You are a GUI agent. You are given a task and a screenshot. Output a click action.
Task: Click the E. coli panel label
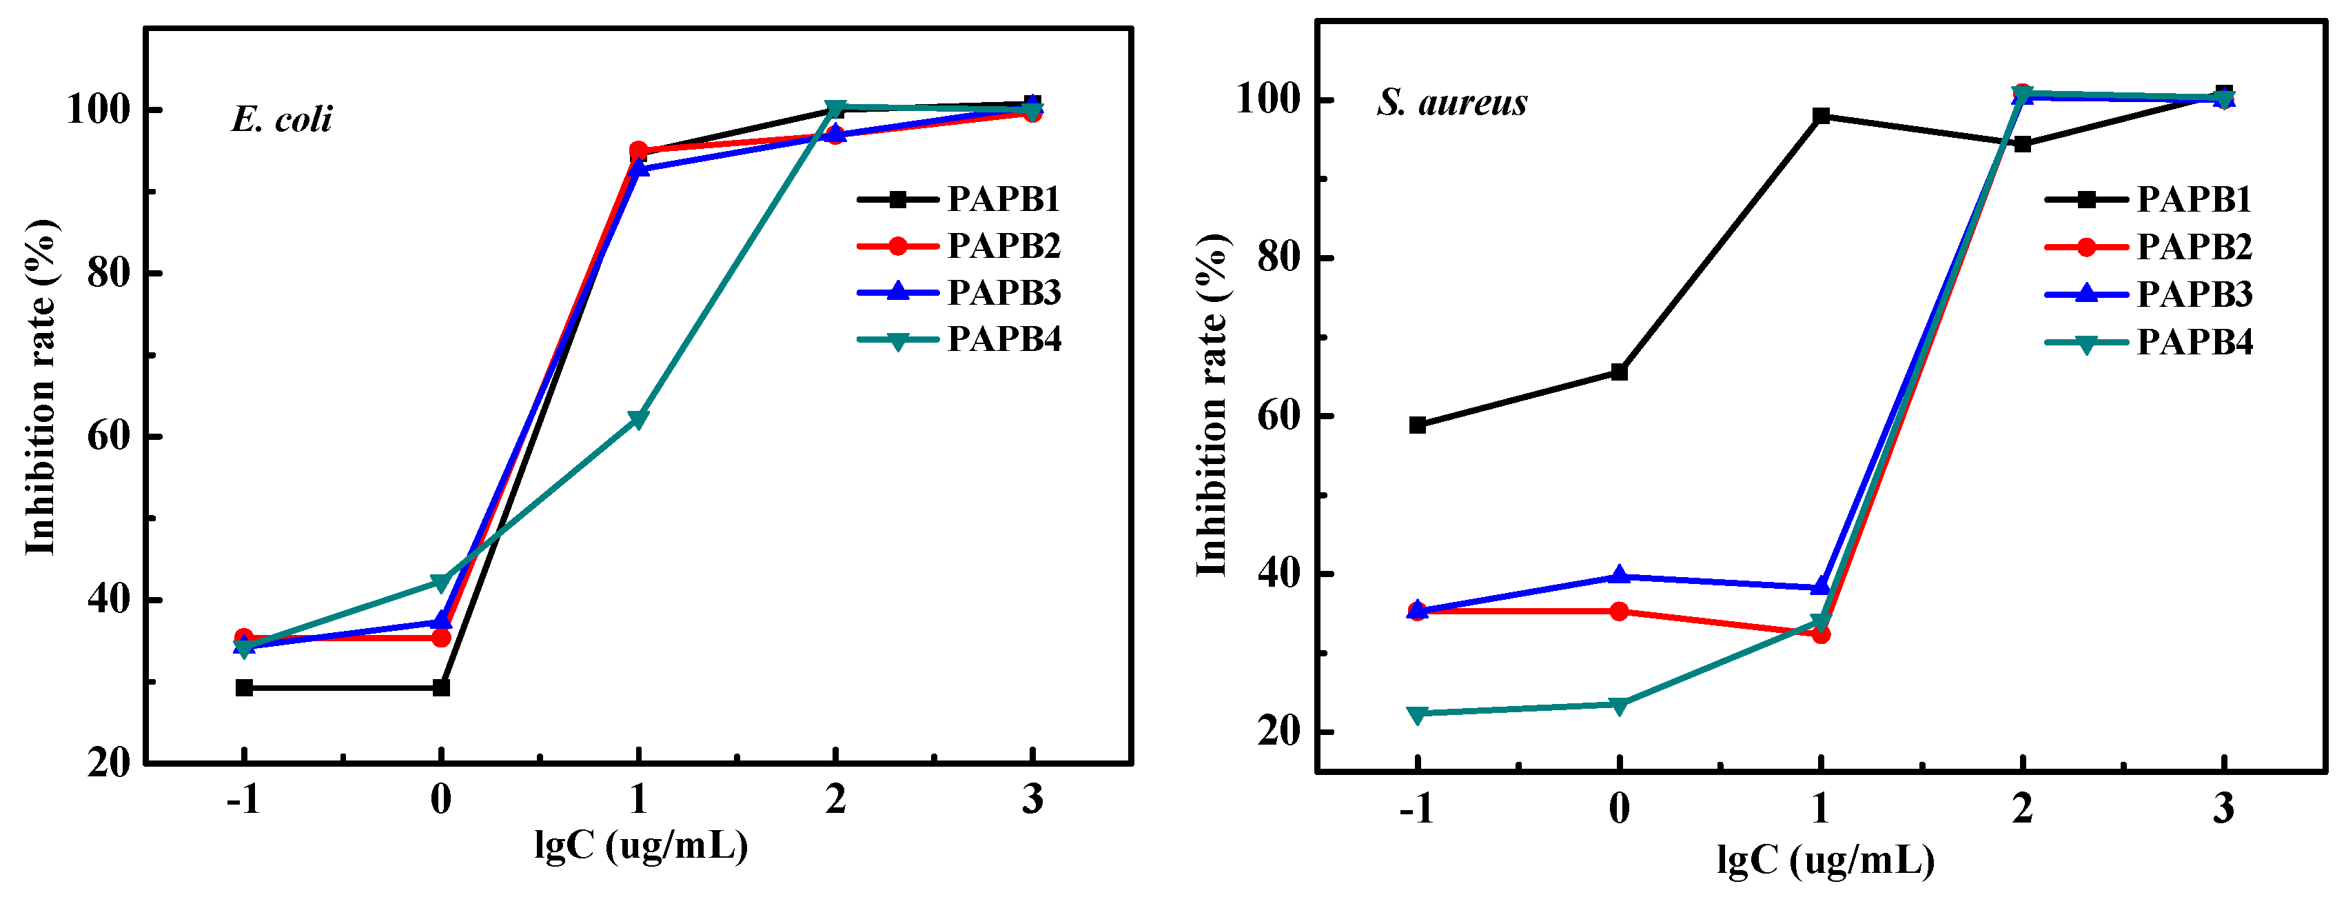coord(281,119)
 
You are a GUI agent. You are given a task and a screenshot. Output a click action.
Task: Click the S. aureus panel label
coord(1451,102)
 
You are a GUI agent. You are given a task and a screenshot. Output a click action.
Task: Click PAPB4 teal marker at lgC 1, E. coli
coord(637,419)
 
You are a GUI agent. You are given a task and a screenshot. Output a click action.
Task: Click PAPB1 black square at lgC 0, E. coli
coord(441,687)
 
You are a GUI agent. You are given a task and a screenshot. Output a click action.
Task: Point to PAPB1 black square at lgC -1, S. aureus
coord(1417,425)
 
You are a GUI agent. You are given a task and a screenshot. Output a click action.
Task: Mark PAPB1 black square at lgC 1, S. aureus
coord(1821,116)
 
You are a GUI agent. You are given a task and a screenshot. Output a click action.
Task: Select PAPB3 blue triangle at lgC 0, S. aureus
coord(1618,576)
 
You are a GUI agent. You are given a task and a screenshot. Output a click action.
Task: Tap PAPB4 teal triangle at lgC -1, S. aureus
coord(1417,714)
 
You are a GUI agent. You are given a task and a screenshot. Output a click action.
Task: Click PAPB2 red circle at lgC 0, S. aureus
coord(1618,611)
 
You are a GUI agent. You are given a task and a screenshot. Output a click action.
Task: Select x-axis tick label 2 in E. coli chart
coord(835,800)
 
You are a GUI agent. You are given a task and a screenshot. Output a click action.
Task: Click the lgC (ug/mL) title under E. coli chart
coord(640,846)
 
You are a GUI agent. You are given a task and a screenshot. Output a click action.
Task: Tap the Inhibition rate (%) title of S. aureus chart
coord(1212,405)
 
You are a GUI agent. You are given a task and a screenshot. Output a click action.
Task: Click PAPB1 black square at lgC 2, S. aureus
coord(2022,144)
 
